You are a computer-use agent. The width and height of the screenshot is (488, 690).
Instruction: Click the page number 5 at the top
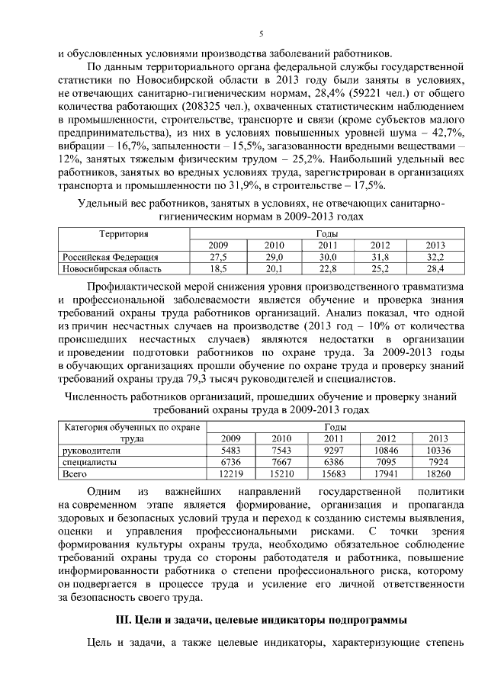[x=261, y=34]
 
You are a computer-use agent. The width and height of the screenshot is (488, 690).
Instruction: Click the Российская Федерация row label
[x=110, y=257]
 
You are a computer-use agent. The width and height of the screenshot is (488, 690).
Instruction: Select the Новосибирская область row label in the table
[x=111, y=268]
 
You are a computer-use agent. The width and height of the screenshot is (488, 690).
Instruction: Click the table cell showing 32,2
[x=435, y=257]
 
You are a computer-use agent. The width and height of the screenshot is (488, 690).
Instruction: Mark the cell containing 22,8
[x=328, y=268]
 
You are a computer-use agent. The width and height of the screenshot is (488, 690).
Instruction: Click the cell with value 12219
[x=230, y=473]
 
